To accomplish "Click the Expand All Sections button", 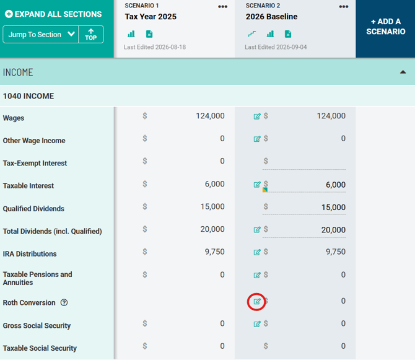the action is pyautogui.click(x=53, y=14).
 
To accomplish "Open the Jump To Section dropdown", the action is pyautogui.click(x=40, y=35).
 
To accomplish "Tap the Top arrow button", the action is pyautogui.click(x=91, y=35).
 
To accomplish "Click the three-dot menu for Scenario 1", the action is pyautogui.click(x=222, y=7).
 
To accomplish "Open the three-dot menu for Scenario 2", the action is pyautogui.click(x=344, y=7).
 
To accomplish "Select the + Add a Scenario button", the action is pyautogui.click(x=385, y=27).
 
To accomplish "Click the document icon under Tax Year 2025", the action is pyautogui.click(x=149, y=34).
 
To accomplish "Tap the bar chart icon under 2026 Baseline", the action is pyautogui.click(x=270, y=34).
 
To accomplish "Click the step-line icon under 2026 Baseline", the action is pyautogui.click(x=252, y=34).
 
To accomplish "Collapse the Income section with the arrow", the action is pyautogui.click(x=403, y=72).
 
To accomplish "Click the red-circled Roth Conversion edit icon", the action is pyautogui.click(x=257, y=302).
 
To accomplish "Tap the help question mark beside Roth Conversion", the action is pyautogui.click(x=64, y=302).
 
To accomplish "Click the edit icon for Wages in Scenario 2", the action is pyautogui.click(x=257, y=116).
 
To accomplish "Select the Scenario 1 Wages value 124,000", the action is pyautogui.click(x=210, y=116).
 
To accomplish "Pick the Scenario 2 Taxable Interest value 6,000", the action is pyautogui.click(x=336, y=185).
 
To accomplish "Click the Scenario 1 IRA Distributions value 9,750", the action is pyautogui.click(x=215, y=252).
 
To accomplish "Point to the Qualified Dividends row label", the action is pyautogui.click(x=33, y=209).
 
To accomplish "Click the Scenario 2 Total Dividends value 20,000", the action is pyautogui.click(x=333, y=230).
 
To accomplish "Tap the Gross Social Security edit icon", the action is pyautogui.click(x=257, y=324).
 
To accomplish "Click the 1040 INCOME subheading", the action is pyautogui.click(x=28, y=96).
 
